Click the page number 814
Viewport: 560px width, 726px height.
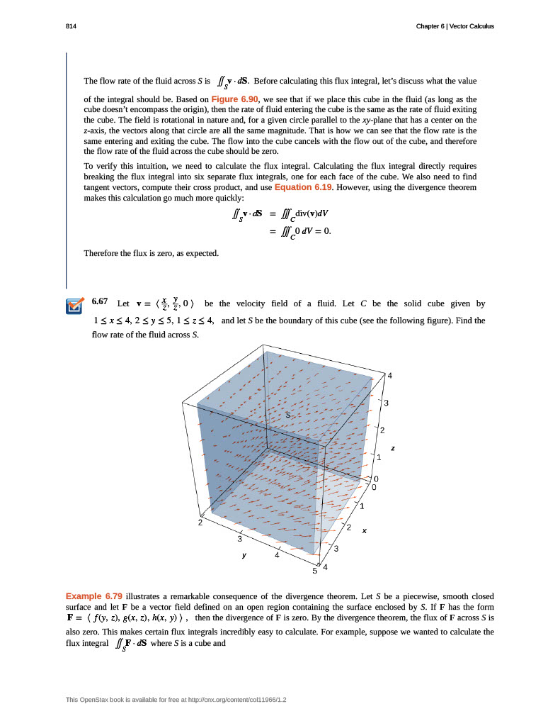coord(71,26)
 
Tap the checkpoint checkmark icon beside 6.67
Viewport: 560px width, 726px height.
coord(74,306)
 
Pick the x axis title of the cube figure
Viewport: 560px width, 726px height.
coord(365,530)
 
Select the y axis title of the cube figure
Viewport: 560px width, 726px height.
coord(244,556)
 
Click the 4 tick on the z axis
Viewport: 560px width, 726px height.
coord(388,375)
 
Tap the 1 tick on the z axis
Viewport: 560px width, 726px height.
coord(379,458)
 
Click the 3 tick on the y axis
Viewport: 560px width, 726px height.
coord(238,539)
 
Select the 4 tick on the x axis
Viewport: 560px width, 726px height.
coord(325,567)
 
